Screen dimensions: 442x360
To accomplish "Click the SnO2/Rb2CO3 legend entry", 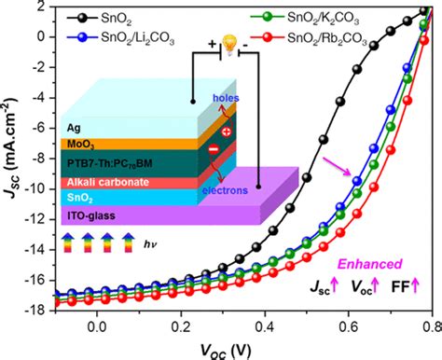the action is coord(309,38).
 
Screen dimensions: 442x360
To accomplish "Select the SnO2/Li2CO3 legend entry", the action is coord(120,38).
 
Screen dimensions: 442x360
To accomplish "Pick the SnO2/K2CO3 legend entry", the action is coord(305,18).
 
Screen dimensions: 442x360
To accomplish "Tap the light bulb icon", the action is coord(229,45).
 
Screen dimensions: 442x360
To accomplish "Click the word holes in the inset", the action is coord(226,98).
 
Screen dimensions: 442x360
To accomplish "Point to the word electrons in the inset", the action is coord(225,190).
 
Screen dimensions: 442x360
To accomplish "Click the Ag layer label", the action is coord(74,128).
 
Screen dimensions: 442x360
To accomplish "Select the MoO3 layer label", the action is coord(81,145).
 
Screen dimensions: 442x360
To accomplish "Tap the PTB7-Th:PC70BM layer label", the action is coord(110,163).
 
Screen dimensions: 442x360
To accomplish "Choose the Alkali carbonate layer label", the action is coord(108,182).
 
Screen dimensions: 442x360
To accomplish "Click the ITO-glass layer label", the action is coord(91,215).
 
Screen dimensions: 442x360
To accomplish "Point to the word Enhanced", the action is coord(370,264).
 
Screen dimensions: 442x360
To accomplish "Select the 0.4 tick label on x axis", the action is coord(265,326).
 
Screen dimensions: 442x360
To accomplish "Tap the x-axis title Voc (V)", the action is coord(226,352).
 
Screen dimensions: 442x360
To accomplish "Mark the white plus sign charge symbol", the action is coord(227,132).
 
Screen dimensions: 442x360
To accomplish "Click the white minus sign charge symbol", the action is coord(214,149).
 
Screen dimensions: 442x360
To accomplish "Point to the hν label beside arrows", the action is coord(150,244).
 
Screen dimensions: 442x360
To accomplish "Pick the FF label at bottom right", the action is coord(400,286).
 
